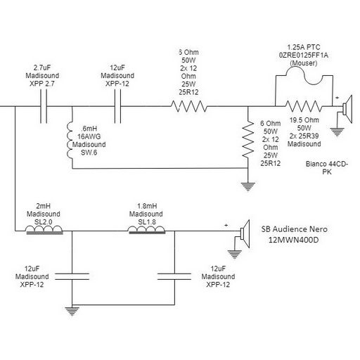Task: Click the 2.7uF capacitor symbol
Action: click(x=44, y=106)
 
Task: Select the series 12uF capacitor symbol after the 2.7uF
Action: click(x=117, y=106)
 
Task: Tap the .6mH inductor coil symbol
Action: click(x=70, y=140)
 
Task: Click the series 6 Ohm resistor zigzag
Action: click(x=189, y=106)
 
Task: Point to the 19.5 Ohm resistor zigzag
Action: click(x=304, y=106)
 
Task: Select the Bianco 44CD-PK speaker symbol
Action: click(x=347, y=109)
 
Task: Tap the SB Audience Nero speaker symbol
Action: click(x=245, y=233)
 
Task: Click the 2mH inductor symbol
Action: click(x=44, y=230)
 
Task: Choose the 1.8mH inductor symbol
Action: click(x=147, y=230)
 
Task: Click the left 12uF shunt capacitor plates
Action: click(x=72, y=276)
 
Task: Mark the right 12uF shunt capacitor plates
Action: click(x=174, y=276)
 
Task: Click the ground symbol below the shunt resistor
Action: click(x=248, y=187)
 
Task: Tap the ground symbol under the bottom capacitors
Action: click(x=72, y=311)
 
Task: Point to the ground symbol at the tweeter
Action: click(x=337, y=132)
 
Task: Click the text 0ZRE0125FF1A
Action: click(x=304, y=56)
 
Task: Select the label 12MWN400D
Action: click(x=293, y=240)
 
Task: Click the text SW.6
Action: click(x=89, y=153)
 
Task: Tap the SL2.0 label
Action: click(x=44, y=221)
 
